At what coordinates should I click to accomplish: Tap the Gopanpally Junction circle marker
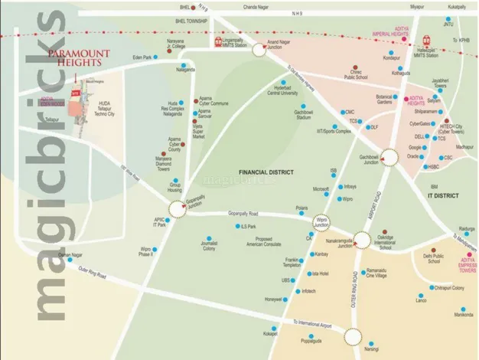[177, 208]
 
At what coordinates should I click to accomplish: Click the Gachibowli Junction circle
[389, 157]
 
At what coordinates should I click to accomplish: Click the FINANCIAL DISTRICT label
[262, 173]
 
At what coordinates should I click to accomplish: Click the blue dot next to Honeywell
[288, 299]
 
